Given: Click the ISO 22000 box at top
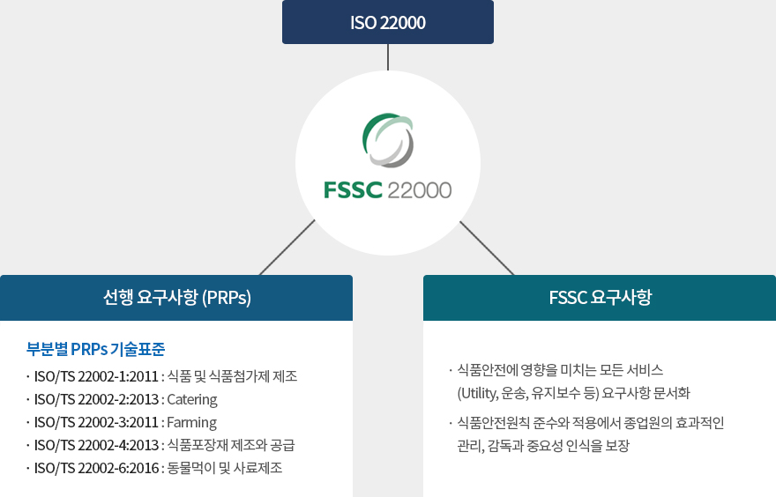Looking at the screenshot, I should pos(388,22).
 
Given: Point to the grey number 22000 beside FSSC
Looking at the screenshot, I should pos(419,189).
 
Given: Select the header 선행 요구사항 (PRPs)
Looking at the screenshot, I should pos(176,298).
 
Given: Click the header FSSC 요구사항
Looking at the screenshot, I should pos(600,298).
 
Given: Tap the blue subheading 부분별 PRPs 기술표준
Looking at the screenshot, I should pos(96,348).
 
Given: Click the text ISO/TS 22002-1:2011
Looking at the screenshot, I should pos(96,376).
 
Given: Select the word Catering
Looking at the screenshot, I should pos(192,399).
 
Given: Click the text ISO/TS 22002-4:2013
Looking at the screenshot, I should pos(96,445).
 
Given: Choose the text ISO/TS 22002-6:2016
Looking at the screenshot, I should pos(96,468).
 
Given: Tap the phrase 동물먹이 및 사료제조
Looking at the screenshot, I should pos(225,468).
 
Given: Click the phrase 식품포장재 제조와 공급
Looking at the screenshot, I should pos(230,445).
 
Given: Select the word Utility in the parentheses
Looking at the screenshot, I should pos(483,392).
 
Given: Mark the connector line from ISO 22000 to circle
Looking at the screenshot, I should pos(388,56).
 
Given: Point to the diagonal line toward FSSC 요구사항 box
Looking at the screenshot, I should pos(487,248).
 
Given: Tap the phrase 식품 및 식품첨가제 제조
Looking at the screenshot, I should pos(232,376).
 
